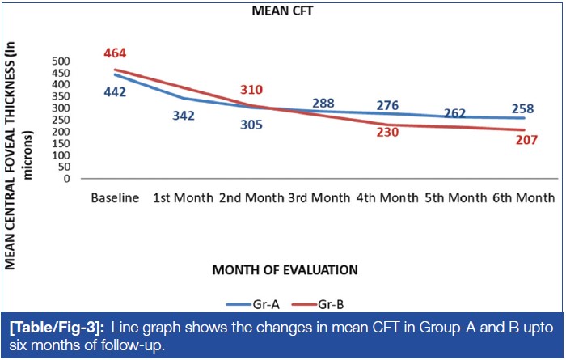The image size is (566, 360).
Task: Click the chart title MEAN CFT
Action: coord(283,12)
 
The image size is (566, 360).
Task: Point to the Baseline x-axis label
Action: coord(116,198)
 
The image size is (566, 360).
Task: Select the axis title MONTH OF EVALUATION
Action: coord(283,268)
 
